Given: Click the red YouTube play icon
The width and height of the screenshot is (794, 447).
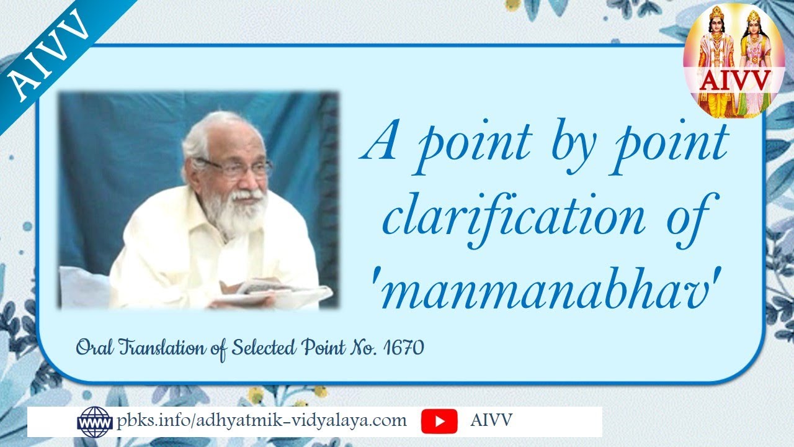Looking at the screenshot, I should coord(439,422).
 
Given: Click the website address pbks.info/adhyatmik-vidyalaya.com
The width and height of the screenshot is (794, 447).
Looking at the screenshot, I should coord(262,421).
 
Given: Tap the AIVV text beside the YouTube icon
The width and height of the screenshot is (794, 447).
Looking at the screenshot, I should coord(491,421).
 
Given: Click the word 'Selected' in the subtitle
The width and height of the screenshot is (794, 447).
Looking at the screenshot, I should coord(265,348).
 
